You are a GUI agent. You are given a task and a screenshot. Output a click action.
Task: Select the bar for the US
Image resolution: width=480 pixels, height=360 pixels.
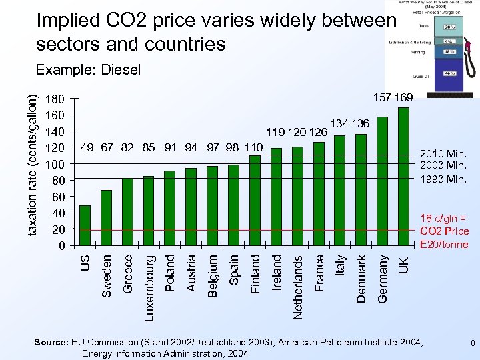(x=85, y=225)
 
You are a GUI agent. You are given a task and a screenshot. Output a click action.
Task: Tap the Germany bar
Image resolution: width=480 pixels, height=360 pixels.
(x=382, y=181)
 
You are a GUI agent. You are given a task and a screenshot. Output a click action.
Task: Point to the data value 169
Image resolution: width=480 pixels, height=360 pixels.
(x=403, y=98)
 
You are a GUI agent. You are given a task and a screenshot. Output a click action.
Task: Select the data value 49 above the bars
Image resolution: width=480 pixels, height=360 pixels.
(x=86, y=147)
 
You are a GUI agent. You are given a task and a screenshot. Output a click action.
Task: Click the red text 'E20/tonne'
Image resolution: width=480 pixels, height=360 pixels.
(x=444, y=244)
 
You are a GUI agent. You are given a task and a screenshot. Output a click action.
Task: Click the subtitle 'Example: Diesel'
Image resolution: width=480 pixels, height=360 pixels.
(x=88, y=69)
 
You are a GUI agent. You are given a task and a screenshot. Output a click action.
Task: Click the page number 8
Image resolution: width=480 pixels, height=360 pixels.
(x=471, y=343)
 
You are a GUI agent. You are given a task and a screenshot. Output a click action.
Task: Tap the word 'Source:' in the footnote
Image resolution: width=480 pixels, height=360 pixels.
(x=51, y=343)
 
